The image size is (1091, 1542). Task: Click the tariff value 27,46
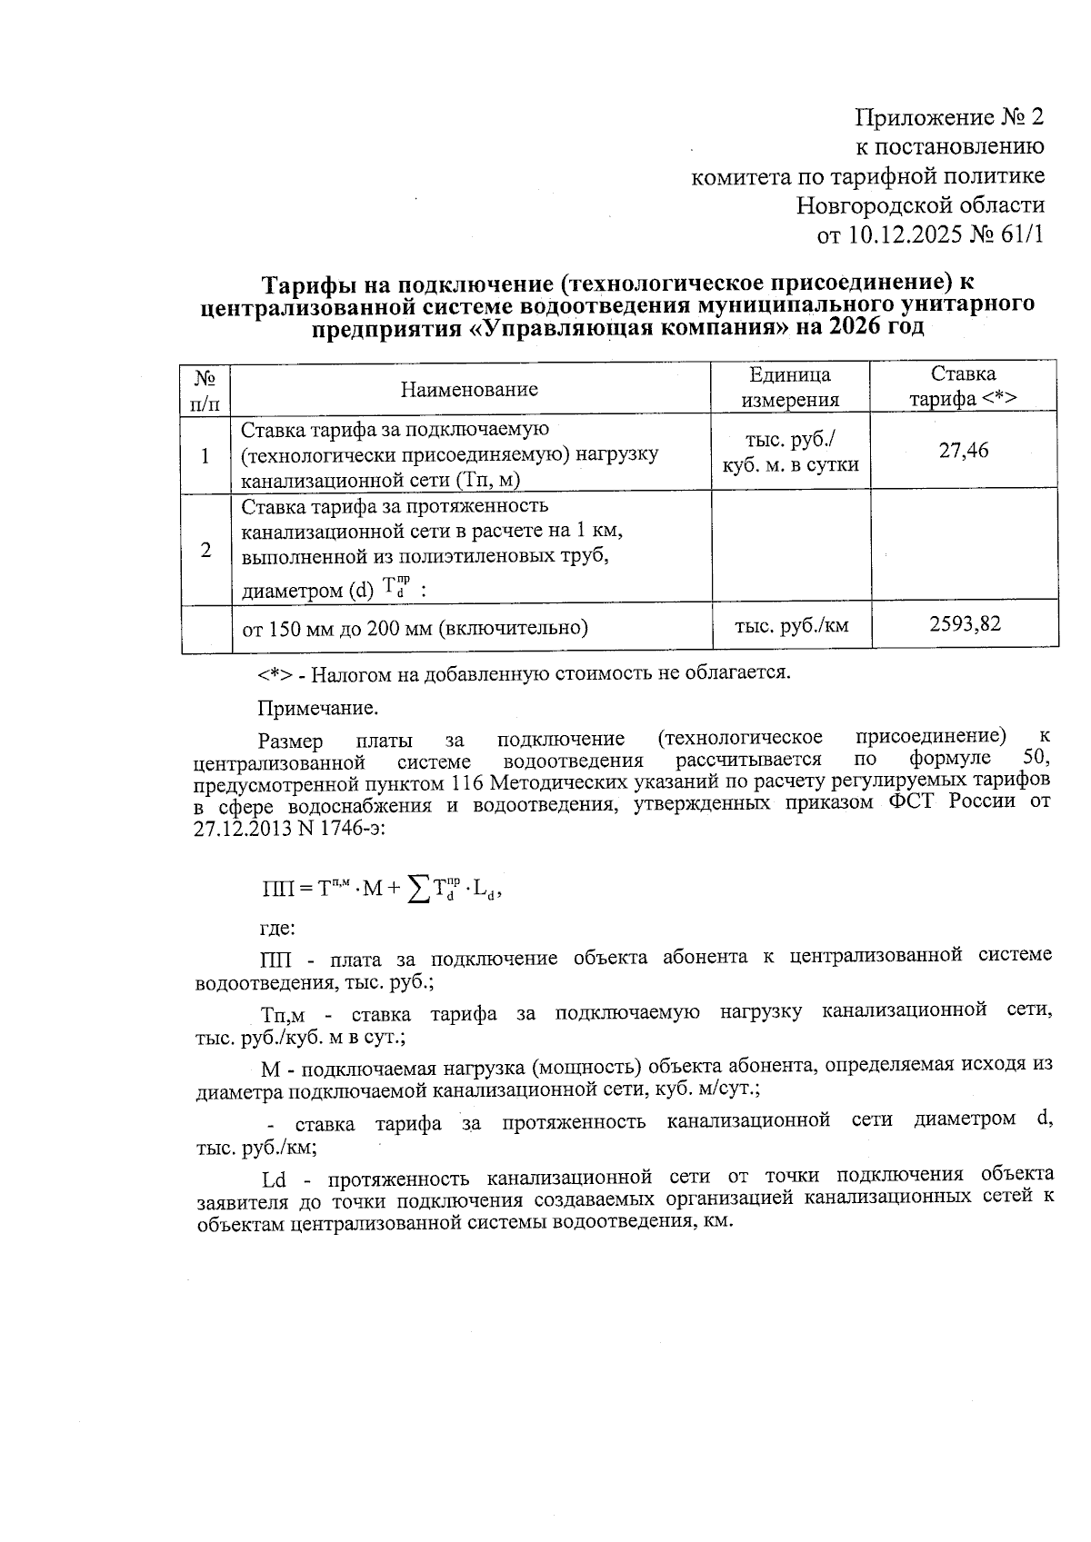(x=964, y=450)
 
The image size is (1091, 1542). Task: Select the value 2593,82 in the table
(x=964, y=624)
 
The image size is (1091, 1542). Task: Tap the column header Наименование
(x=469, y=389)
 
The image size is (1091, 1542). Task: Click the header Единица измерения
(x=789, y=387)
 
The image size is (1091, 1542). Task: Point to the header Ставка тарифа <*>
(x=964, y=386)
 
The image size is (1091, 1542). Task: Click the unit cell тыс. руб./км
(x=791, y=624)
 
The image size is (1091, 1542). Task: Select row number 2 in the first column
(x=206, y=550)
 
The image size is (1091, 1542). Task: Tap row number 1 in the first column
(x=206, y=454)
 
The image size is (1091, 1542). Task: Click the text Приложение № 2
(x=949, y=117)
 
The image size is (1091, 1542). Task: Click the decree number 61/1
(x=1021, y=235)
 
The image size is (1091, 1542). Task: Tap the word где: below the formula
(x=277, y=928)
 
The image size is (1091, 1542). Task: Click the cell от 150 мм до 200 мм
(x=415, y=627)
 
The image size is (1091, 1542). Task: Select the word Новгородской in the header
(x=868, y=205)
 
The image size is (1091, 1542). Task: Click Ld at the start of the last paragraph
(x=274, y=1179)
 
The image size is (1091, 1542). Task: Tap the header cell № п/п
(x=206, y=387)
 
